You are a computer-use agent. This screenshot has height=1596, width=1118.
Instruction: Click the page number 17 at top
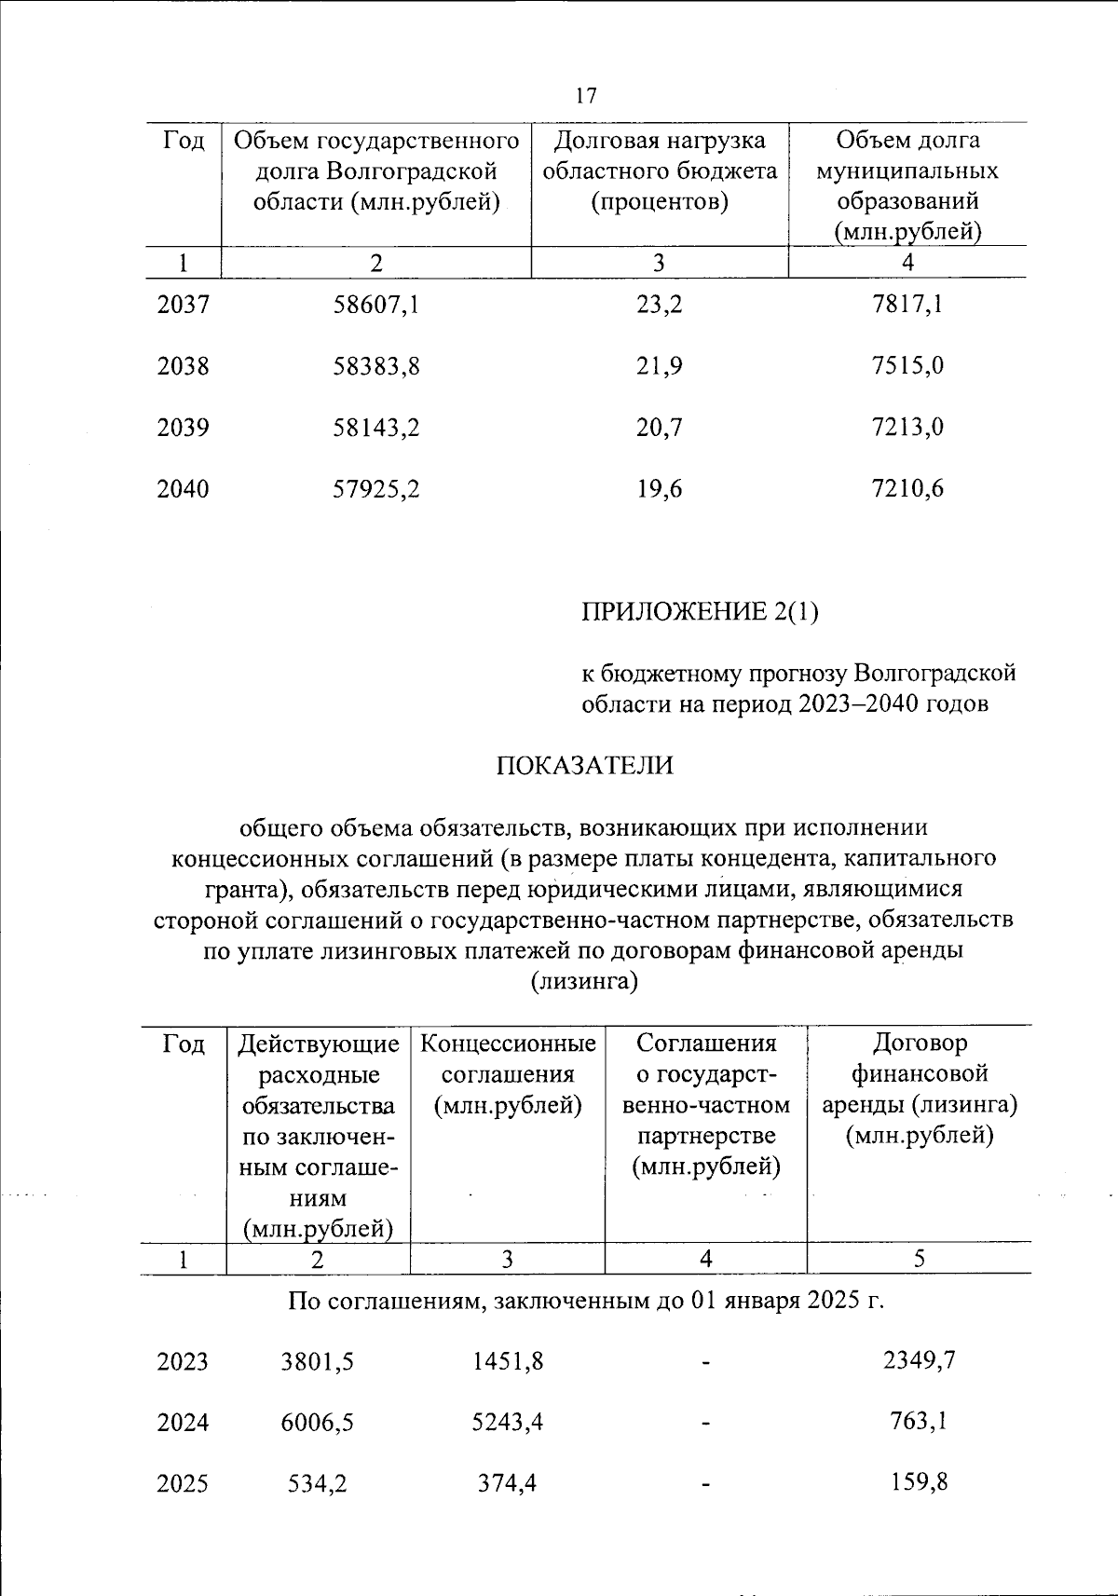(586, 96)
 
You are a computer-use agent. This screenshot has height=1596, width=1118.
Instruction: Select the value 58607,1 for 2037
(376, 305)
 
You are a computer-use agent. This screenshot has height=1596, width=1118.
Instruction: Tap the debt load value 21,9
(659, 366)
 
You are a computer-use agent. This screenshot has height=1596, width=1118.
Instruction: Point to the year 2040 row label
(183, 489)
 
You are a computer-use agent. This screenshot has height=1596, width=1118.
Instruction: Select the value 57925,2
(376, 489)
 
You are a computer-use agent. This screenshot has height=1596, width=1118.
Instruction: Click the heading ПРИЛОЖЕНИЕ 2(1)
(700, 612)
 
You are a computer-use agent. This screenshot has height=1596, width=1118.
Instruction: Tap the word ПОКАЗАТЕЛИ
(584, 766)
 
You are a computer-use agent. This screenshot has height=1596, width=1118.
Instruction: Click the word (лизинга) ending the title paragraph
(584, 982)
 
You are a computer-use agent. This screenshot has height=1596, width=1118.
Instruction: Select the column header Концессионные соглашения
(508, 1073)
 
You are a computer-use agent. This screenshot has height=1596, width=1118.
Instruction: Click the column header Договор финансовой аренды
(919, 1088)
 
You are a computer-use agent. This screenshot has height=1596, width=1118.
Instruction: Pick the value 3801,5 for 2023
(317, 1362)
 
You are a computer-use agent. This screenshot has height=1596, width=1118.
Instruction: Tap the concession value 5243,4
(507, 1423)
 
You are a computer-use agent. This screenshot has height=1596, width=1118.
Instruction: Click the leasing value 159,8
(919, 1481)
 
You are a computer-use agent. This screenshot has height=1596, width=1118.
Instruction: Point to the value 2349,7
(919, 1360)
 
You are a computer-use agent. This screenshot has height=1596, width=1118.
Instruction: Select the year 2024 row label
(183, 1423)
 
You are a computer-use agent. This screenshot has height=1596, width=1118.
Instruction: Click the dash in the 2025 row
(706, 1483)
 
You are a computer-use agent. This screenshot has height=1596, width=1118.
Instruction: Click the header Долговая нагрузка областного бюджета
(659, 171)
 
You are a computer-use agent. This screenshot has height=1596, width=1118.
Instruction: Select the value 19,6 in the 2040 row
(659, 489)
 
